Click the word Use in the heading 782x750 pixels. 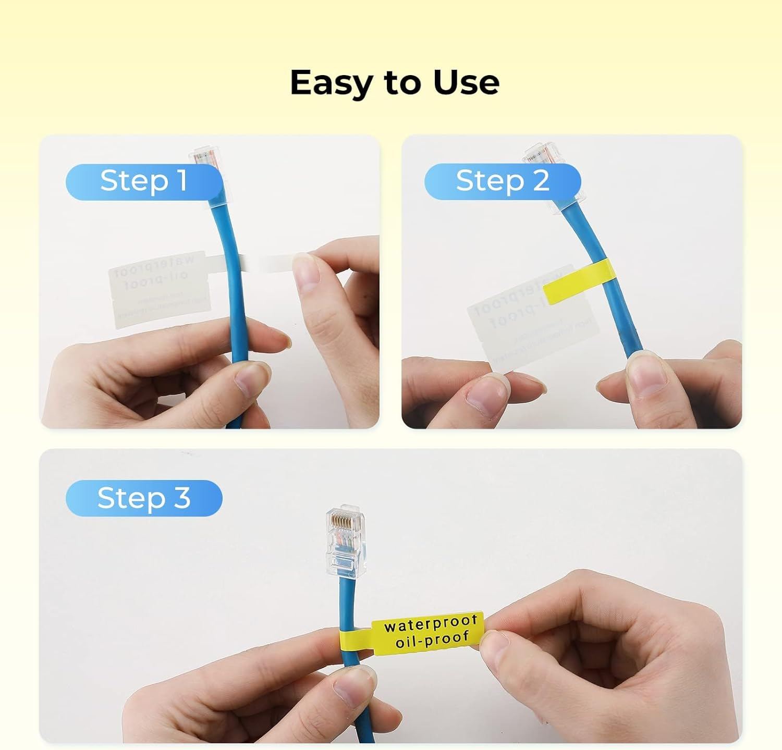[x=466, y=82]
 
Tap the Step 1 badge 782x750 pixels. [x=144, y=181]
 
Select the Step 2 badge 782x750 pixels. [x=503, y=181]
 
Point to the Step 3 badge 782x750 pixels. [x=144, y=498]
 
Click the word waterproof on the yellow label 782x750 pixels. [x=431, y=623]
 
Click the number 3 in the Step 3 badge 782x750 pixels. [x=182, y=498]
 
